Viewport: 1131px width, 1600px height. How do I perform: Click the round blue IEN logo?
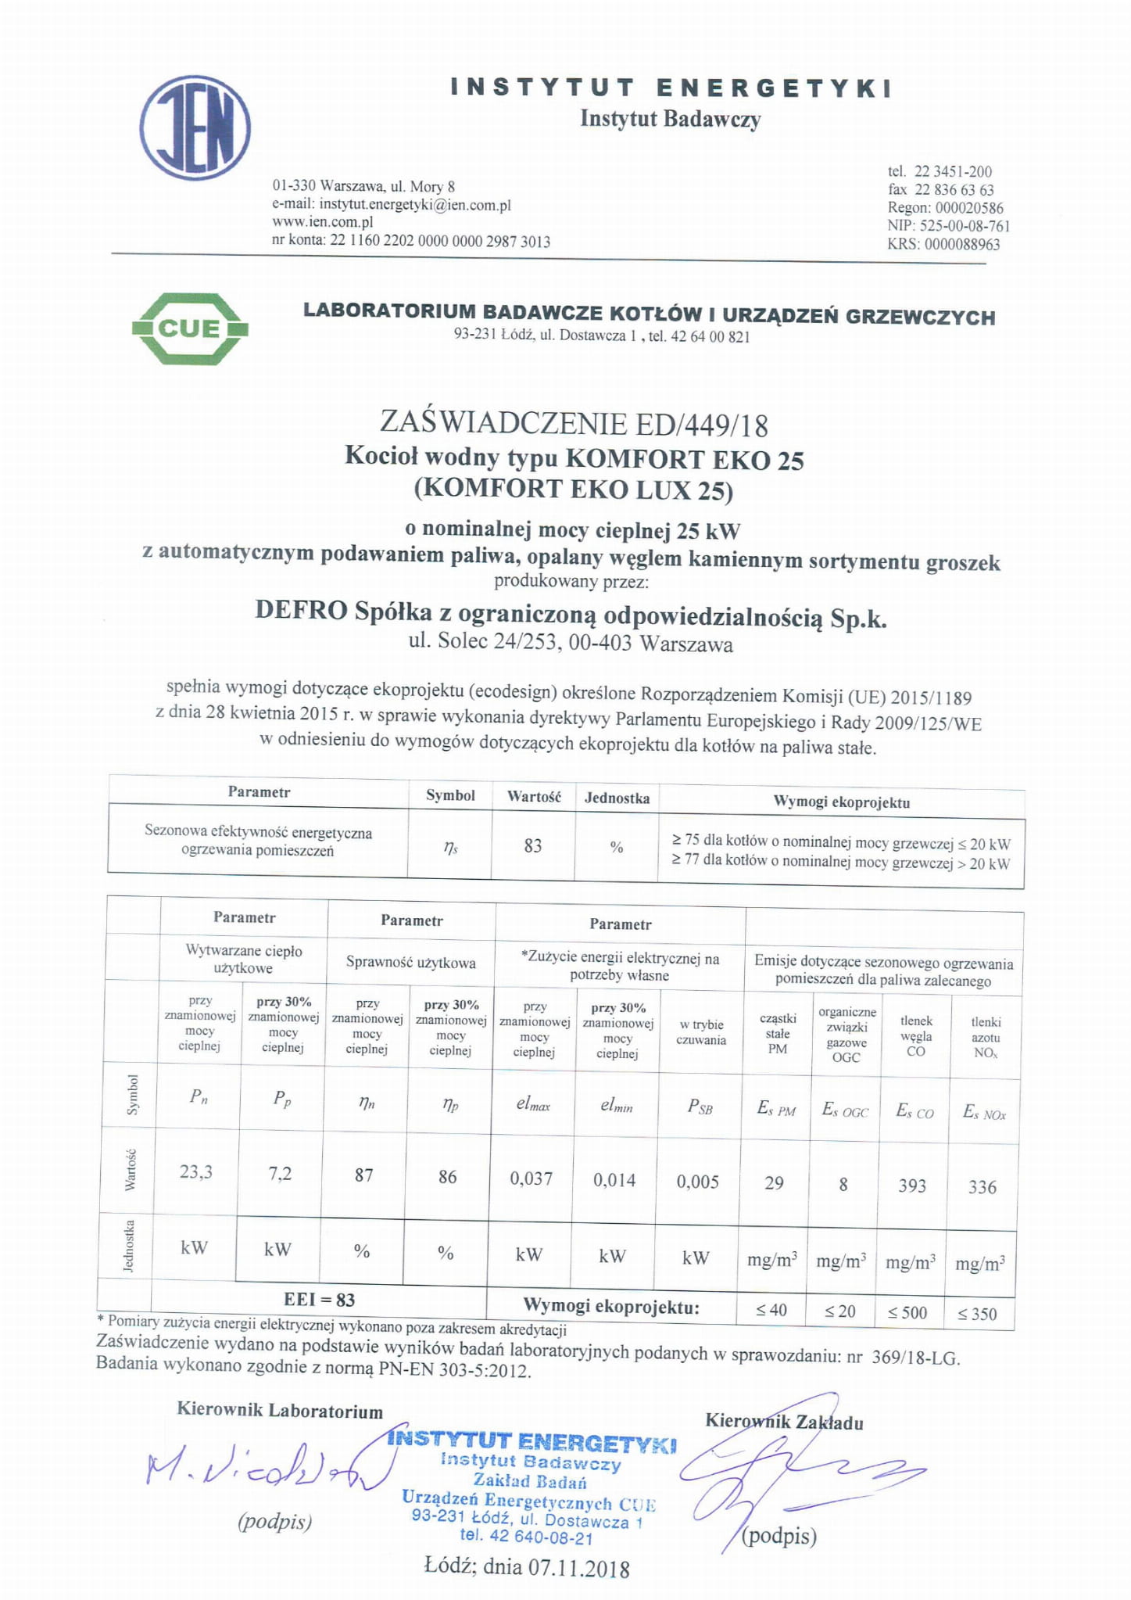point(195,127)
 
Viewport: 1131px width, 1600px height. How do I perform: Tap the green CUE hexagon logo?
point(190,328)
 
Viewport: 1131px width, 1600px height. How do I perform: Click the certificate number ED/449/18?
point(703,425)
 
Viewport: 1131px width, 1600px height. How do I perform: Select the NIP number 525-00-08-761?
point(965,226)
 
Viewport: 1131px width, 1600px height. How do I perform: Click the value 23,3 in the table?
point(195,1171)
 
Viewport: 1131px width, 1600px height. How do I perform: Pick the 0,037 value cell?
point(531,1178)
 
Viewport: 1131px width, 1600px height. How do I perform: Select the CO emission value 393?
point(911,1186)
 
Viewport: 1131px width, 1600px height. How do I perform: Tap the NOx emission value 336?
point(982,1187)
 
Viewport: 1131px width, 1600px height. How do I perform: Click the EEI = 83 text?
point(319,1300)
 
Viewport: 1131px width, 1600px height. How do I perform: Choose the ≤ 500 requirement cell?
point(907,1312)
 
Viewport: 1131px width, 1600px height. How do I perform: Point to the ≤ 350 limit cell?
point(977,1314)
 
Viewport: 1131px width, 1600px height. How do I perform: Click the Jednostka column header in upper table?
point(617,798)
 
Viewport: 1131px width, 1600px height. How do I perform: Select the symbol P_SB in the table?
point(700,1107)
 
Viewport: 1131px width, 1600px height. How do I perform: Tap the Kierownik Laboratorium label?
point(280,1411)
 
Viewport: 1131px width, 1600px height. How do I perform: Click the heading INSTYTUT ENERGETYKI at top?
point(671,88)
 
